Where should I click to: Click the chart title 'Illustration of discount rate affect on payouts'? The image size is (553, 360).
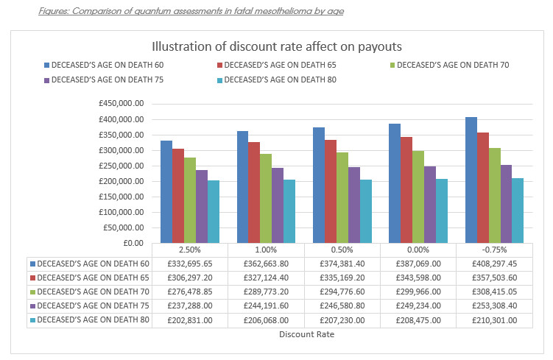pos(276,46)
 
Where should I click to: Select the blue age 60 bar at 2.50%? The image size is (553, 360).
pos(166,191)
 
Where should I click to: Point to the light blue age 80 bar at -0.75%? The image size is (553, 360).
pos(518,211)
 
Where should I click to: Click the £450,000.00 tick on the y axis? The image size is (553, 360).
pos(127,104)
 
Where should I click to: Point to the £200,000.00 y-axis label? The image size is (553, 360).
pos(127,181)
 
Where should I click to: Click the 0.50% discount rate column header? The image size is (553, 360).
pos(342,249)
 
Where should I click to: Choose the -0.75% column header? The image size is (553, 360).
pos(495,249)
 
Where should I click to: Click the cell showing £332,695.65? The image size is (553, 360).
pos(189,263)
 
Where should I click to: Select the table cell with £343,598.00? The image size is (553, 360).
pos(418,278)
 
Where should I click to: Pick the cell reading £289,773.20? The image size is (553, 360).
pos(266,292)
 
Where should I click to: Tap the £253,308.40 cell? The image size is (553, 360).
pos(495,306)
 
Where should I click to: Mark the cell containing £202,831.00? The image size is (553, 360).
pos(189,320)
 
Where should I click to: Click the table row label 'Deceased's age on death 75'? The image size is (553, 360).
pos(94,306)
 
